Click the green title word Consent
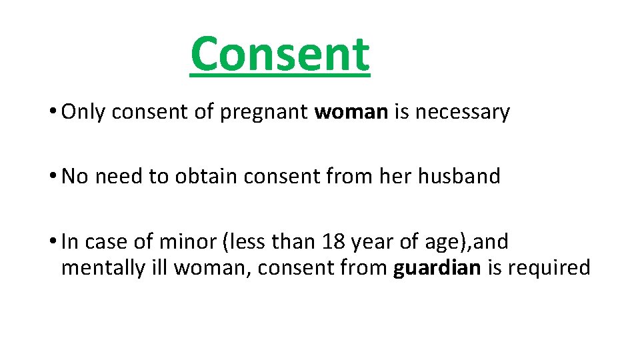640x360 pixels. pyautogui.click(x=279, y=55)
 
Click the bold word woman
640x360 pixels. pyautogui.click(x=351, y=112)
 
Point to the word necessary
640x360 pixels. pyautogui.click(x=462, y=112)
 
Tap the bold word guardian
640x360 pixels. pyautogui.click(x=436, y=267)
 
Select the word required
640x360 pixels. pyautogui.click(x=549, y=267)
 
